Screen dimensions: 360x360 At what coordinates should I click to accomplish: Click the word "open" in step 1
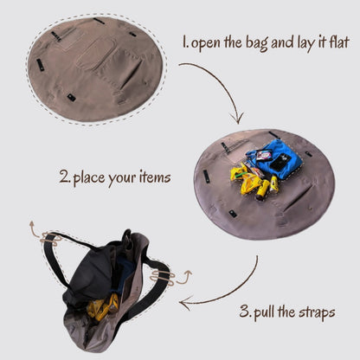206,44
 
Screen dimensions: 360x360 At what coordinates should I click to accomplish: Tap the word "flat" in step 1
339,42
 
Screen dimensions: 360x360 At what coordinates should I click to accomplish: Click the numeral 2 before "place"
64,177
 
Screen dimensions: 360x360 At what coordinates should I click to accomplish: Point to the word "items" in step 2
155,177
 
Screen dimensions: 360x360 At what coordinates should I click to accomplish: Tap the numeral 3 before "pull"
245,312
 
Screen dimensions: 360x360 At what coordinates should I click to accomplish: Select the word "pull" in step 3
264,312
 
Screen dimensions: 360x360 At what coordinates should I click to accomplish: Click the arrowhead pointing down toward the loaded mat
237,119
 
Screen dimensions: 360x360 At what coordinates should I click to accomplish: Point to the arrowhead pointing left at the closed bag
184,304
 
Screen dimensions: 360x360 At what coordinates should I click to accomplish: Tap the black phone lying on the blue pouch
280,161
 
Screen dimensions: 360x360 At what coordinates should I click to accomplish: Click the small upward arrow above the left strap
32,227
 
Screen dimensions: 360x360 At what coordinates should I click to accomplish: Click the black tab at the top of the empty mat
99,21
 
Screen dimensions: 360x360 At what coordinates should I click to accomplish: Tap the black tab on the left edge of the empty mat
40,65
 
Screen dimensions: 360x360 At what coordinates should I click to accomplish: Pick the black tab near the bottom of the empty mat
71,97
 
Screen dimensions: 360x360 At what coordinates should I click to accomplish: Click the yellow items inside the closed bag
102,308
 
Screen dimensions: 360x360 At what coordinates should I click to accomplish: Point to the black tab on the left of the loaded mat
206,176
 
